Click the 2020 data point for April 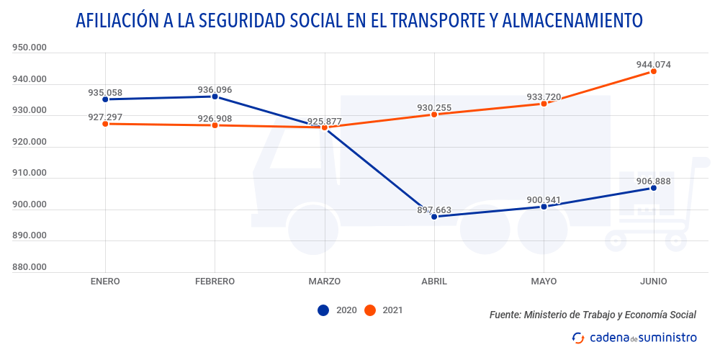pos(434,217)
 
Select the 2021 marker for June pos(654,71)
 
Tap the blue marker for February pos(215,96)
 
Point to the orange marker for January pos(105,124)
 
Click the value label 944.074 pos(654,64)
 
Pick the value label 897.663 pos(434,210)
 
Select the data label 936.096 pos(215,90)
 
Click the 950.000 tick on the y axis pos(30,48)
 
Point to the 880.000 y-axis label pos(30,268)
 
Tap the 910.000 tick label pos(30,174)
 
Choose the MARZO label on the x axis pos(324,282)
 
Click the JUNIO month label pos(654,282)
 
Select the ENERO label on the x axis pos(105,282)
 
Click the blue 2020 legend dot pos(323,310)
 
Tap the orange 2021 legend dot pos(370,310)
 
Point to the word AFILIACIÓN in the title pos(117,20)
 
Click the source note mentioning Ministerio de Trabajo pos(593,315)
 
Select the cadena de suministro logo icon pos(577,338)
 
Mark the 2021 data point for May pos(544,104)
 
